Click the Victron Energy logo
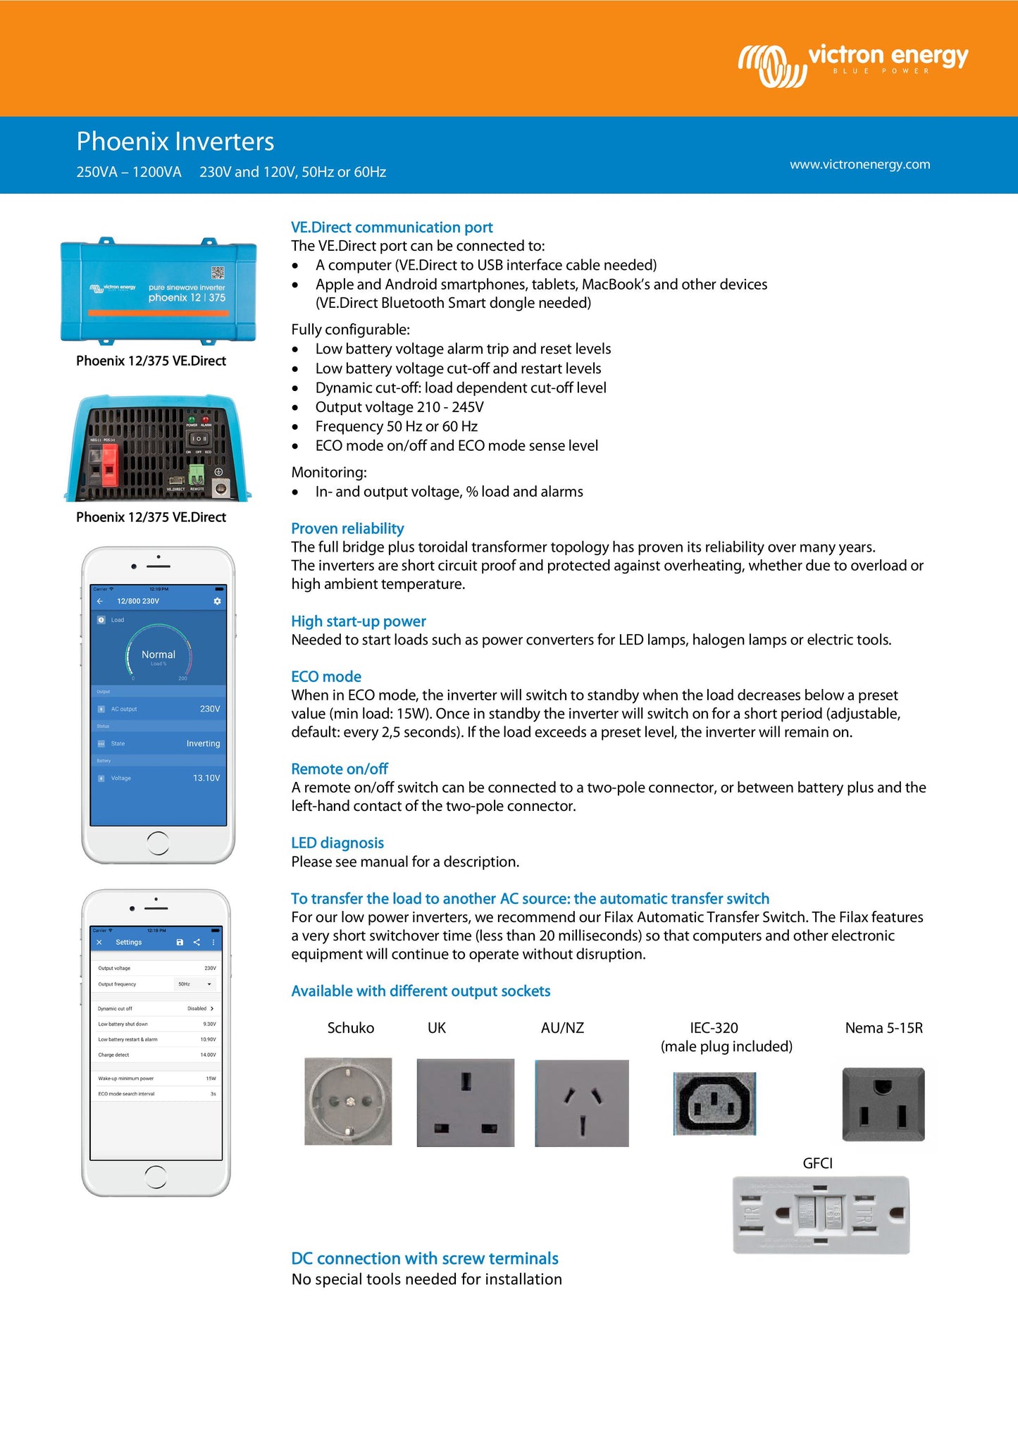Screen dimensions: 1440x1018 pyautogui.click(x=852, y=65)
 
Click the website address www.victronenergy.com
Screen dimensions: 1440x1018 pyautogui.click(x=859, y=164)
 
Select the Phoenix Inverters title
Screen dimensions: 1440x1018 pyautogui.click(x=175, y=142)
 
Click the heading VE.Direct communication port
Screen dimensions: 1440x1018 pyautogui.click(x=392, y=228)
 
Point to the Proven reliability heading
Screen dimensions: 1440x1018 pyautogui.click(x=347, y=528)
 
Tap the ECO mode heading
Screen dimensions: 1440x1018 pyautogui.click(x=326, y=676)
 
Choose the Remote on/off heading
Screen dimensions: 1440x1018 pyautogui.click(x=340, y=769)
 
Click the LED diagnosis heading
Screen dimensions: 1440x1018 pyautogui.click(x=337, y=843)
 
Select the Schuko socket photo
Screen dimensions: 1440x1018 pyautogui.click(x=348, y=1100)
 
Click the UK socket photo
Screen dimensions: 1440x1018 pyautogui.click(x=465, y=1102)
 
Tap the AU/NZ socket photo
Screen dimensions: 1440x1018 pyautogui.click(x=581, y=1103)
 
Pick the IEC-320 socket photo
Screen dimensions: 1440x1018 pyautogui.click(x=714, y=1103)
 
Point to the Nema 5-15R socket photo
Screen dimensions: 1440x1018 pyautogui.click(x=883, y=1104)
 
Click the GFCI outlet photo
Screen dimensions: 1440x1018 pyautogui.click(x=821, y=1215)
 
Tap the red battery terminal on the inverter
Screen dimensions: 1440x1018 pyautogui.click(x=109, y=465)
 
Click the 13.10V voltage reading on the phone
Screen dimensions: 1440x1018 pyautogui.click(x=206, y=778)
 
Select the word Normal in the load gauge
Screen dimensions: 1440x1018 pyautogui.click(x=159, y=654)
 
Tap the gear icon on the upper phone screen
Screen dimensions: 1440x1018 pyautogui.click(x=217, y=601)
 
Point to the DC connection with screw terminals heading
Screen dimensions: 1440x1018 pyautogui.click(x=425, y=1258)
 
